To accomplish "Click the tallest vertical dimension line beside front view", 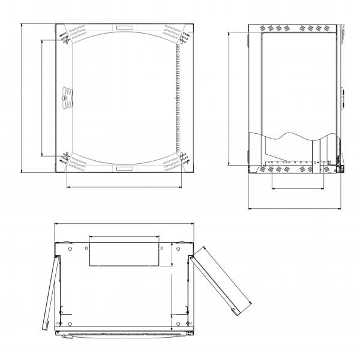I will pyautogui.click(x=22, y=99).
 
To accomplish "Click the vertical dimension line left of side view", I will pyautogui.click(x=229, y=99).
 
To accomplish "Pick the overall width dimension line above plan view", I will pyautogui.click(x=124, y=224).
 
